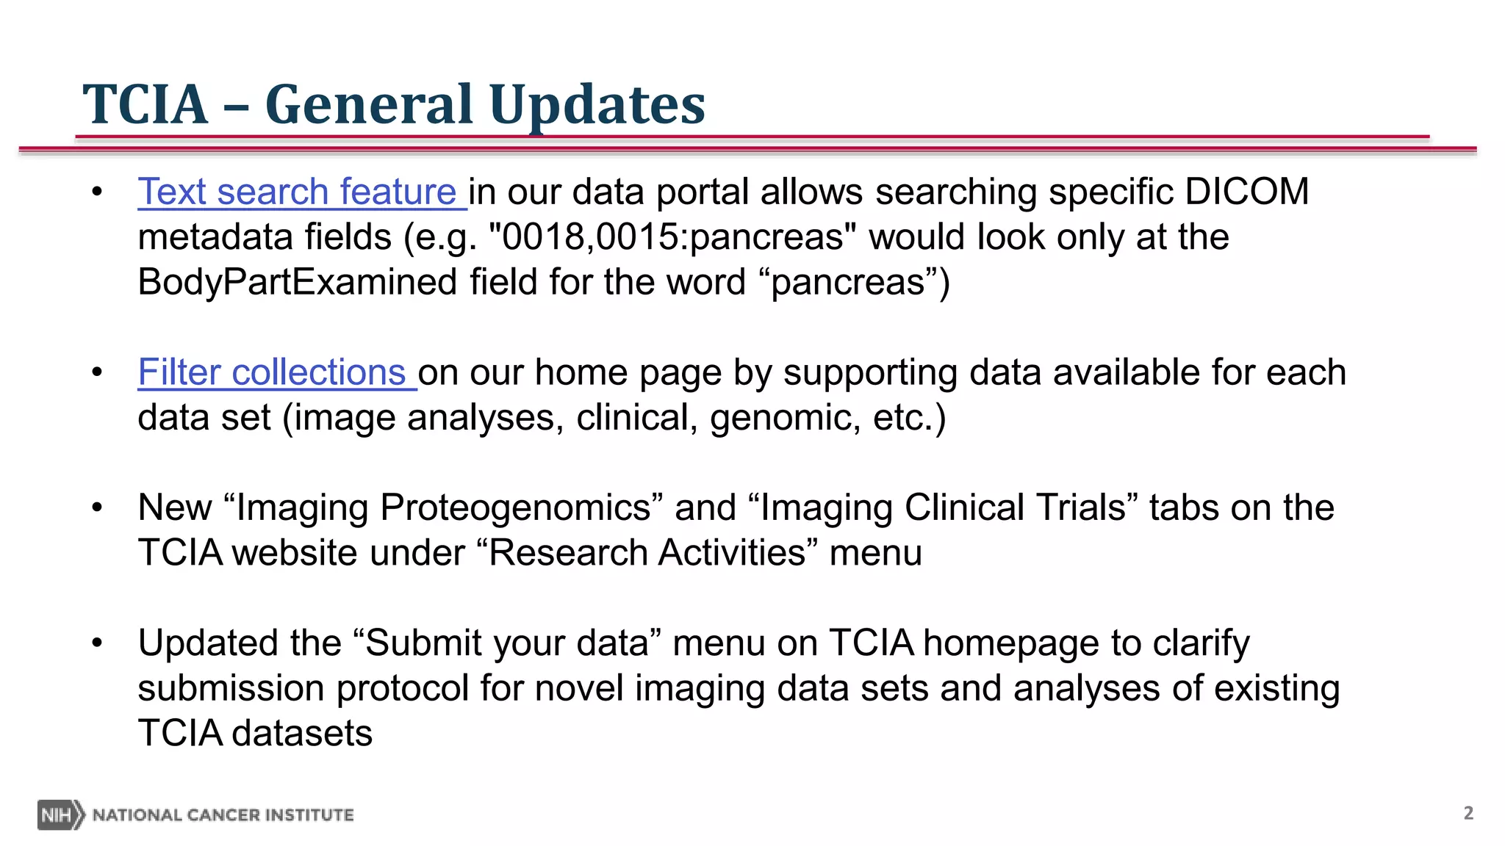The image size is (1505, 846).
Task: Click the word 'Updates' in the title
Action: (x=597, y=104)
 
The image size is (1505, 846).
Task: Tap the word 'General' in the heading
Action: (x=369, y=104)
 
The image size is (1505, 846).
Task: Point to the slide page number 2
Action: (x=1468, y=813)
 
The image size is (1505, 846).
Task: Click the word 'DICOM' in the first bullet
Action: (x=1246, y=192)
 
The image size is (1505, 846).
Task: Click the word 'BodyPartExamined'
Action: (x=297, y=283)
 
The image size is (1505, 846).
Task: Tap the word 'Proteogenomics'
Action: (x=515, y=507)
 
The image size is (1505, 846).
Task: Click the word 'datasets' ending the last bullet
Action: (x=302, y=734)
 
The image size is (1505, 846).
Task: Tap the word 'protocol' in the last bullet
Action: (x=402, y=689)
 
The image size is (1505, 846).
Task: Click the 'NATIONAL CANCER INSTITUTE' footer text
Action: (x=223, y=815)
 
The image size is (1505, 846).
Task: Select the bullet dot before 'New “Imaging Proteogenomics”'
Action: (x=97, y=507)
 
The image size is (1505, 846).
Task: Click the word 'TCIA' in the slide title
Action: (x=145, y=104)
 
